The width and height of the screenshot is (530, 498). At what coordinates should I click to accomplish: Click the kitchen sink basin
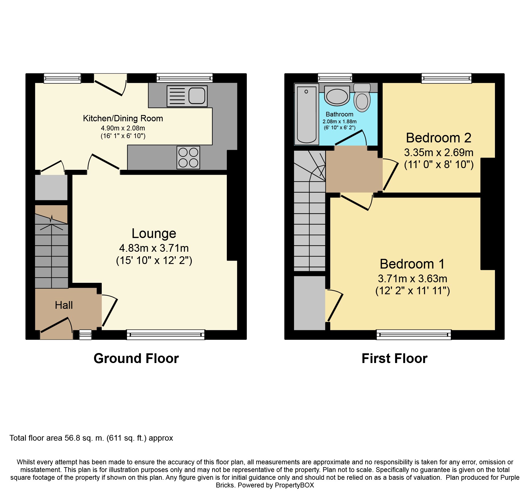(197, 96)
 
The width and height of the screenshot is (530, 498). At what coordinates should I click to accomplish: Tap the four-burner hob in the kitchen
(188, 157)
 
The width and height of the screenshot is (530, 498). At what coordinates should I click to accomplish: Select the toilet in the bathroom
(362, 97)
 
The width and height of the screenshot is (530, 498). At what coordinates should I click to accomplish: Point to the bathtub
(307, 114)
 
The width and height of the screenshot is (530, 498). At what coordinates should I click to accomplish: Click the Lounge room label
(154, 233)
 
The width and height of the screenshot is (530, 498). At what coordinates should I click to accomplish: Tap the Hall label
(64, 305)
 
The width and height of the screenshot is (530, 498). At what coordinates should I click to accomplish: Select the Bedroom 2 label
(439, 138)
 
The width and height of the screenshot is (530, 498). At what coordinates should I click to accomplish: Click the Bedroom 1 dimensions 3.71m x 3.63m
(412, 279)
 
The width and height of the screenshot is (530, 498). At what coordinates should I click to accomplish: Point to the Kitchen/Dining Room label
(123, 118)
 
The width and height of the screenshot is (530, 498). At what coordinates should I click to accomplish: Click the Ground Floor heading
(136, 358)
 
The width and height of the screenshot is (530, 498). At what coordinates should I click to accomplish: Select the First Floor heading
(395, 358)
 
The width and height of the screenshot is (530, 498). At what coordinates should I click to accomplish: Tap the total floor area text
(91, 438)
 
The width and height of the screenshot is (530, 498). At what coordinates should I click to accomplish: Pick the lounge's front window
(166, 334)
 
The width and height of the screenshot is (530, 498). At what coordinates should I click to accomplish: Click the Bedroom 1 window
(414, 334)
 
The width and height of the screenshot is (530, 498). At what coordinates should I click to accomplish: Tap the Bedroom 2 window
(447, 78)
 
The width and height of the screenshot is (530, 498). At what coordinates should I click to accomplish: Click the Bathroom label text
(339, 114)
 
